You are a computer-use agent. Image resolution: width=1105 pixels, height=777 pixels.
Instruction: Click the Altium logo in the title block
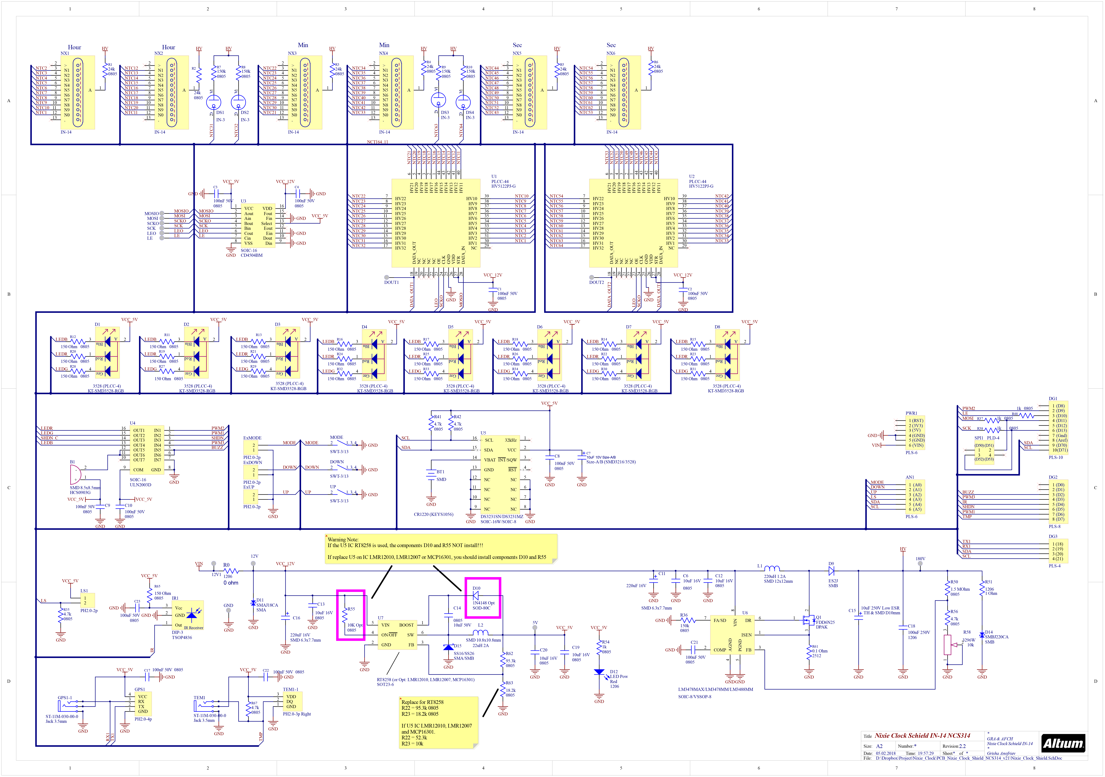1063,743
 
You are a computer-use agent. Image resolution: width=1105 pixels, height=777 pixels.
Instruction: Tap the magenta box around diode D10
483,598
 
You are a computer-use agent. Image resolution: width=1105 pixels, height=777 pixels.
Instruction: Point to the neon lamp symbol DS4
463,102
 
